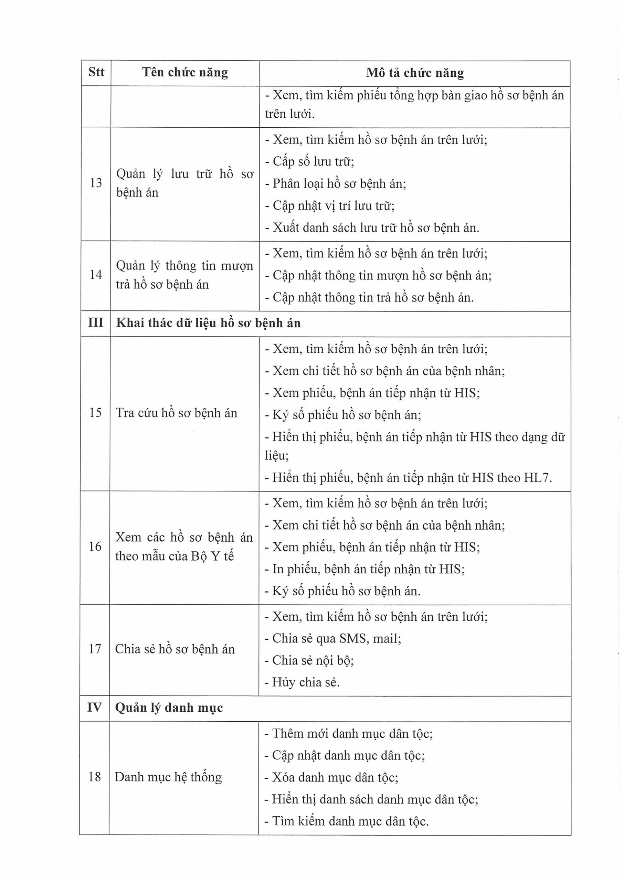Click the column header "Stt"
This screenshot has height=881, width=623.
(96, 72)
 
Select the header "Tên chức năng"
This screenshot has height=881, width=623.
(185, 72)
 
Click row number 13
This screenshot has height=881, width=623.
(96, 183)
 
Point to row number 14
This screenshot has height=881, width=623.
(96, 275)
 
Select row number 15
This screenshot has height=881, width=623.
(95, 413)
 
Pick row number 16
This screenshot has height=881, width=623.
(95, 546)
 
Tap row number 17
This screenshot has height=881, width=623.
(95, 649)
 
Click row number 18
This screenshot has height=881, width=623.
(94, 777)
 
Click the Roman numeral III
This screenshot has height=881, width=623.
(96, 323)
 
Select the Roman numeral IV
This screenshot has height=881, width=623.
(94, 707)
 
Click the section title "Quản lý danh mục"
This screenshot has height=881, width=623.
(169, 708)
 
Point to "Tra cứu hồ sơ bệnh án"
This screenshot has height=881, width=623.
(177, 413)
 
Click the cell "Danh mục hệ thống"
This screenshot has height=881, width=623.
(168, 777)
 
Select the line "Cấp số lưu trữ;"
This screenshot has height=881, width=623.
(313, 161)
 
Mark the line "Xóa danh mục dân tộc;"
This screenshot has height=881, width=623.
(335, 777)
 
